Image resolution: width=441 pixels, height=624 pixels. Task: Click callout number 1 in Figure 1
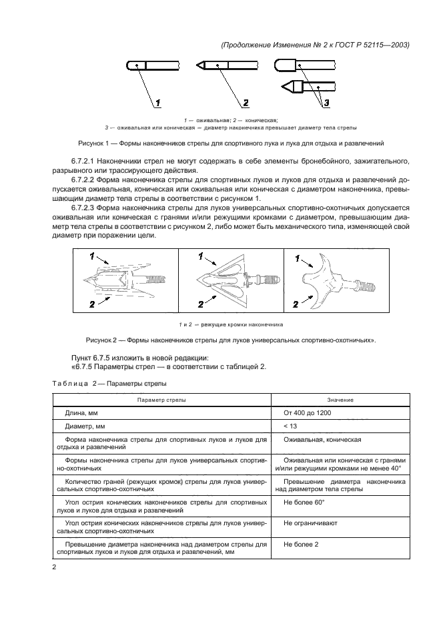[x=159, y=103]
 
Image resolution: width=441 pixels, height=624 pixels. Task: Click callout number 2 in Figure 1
[x=245, y=103]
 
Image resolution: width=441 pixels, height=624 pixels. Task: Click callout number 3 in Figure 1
[x=326, y=102]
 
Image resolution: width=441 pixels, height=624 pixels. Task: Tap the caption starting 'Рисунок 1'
[x=230, y=143]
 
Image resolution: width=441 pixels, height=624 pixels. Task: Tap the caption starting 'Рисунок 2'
[x=230, y=340]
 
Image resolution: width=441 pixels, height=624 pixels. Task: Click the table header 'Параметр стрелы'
[x=162, y=399]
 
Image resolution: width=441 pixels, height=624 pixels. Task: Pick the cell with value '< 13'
[x=290, y=426]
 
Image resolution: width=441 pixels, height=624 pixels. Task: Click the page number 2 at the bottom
[x=55, y=567]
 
